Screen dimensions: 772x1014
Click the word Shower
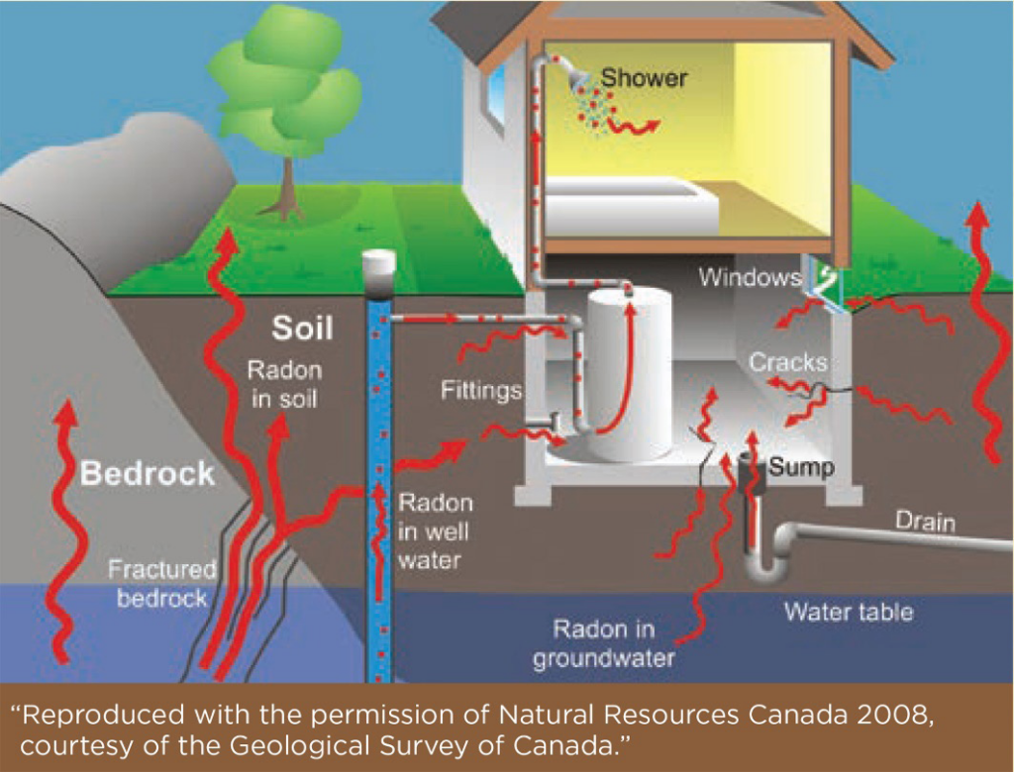point(644,76)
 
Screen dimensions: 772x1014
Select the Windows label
point(750,276)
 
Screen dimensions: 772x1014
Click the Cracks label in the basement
point(787,362)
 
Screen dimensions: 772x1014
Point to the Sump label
point(801,466)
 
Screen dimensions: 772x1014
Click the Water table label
point(849,612)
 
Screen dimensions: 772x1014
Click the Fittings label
point(481,391)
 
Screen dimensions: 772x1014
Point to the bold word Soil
point(303,328)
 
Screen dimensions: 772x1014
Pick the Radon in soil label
point(284,385)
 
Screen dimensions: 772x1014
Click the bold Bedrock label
point(147,473)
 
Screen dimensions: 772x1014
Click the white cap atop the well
point(379,264)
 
